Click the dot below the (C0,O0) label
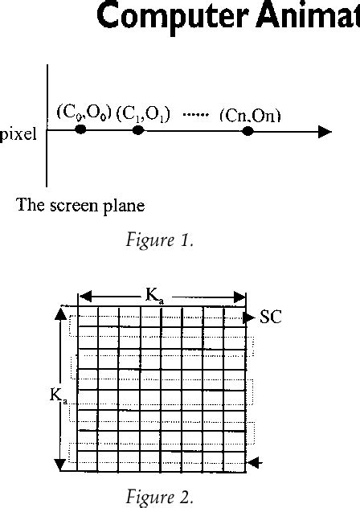80,129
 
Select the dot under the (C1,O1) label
138,130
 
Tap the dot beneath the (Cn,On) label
247,131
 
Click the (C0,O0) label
84,113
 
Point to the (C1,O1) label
142,114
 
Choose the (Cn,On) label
250,116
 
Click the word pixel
18,134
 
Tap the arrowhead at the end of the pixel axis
325,132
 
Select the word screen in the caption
74,206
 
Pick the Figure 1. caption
159,240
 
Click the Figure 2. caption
159,497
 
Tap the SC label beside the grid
271,317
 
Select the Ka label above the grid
154,296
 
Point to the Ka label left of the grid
59,396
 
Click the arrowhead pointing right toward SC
249,317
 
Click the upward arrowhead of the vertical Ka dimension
60,314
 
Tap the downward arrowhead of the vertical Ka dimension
59,465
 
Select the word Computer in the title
173,16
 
